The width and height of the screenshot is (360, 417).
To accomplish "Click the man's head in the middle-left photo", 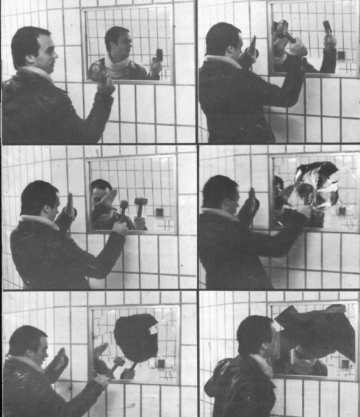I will (38, 200).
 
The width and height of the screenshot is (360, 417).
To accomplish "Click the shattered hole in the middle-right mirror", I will (317, 185).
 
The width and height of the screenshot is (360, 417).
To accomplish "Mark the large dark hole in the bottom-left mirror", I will (137, 337).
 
